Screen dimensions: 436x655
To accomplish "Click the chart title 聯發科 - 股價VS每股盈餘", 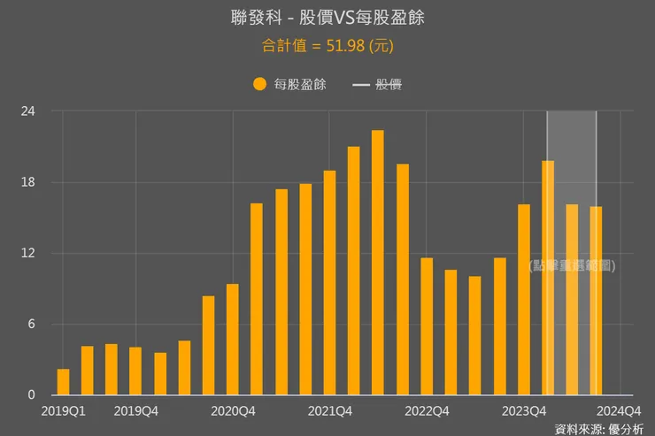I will point(327,18).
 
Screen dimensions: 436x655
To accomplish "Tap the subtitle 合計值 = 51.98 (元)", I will point(327,45).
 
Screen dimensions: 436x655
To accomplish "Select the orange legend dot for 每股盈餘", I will point(259,84).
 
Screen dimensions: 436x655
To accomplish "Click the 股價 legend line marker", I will point(361,85).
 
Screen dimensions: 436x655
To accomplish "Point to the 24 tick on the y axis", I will point(28,111).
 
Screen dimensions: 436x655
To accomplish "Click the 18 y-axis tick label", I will point(28,182).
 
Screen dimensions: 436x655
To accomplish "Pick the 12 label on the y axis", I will point(28,253).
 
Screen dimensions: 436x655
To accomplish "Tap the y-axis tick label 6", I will point(31,324).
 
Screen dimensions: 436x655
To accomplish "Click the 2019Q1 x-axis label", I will point(63,410).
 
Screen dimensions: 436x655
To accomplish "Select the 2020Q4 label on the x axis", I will point(233,410).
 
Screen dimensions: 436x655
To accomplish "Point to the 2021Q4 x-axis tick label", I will point(329,410).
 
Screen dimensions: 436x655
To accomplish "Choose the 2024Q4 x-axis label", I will point(620,410).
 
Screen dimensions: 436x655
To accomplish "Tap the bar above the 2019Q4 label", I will point(135,371).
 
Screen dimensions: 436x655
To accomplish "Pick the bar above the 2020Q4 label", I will point(233,340).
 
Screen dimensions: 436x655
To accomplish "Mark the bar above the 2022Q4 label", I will point(427,326).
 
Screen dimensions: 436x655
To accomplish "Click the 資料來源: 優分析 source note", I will point(599,429).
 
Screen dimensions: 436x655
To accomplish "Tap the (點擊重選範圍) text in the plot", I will point(572,265).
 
